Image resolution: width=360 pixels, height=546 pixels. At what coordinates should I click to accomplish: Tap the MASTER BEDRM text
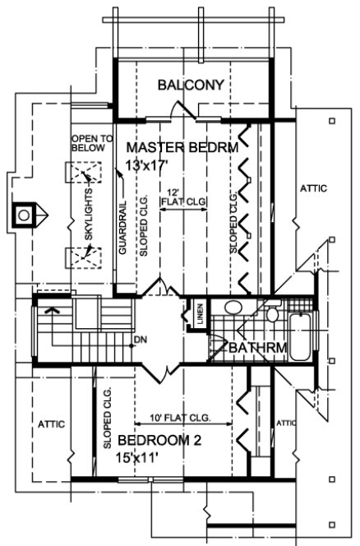tap(182, 148)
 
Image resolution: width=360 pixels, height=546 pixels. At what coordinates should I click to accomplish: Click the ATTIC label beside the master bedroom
tap(312, 188)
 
